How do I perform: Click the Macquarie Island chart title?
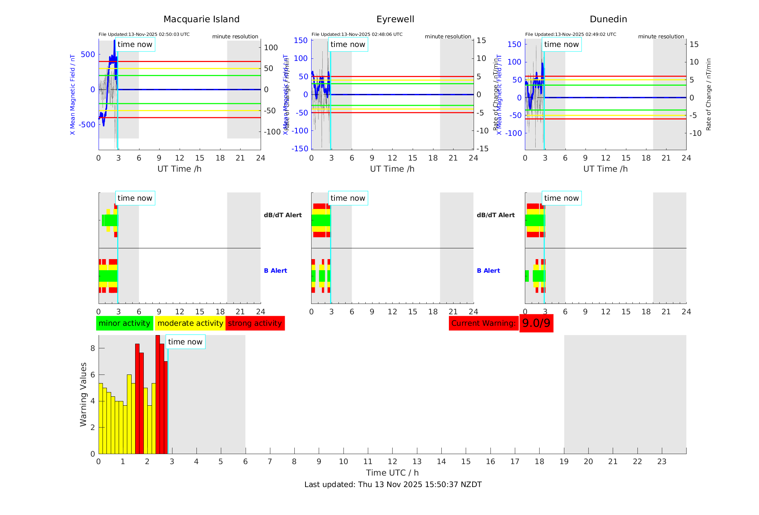pyautogui.click(x=201, y=19)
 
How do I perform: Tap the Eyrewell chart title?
pyautogui.click(x=395, y=19)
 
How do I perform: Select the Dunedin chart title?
pyautogui.click(x=608, y=19)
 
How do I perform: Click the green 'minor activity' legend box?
pyautogui.click(x=124, y=323)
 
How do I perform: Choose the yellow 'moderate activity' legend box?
pyautogui.click(x=190, y=323)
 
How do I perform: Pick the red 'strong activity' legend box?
pyautogui.click(x=255, y=323)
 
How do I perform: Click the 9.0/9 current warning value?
pyautogui.click(x=536, y=323)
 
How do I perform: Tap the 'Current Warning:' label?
pyautogui.click(x=483, y=323)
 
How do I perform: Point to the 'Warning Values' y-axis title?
pyautogui.click(x=84, y=394)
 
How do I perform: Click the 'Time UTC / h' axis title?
pyautogui.click(x=392, y=473)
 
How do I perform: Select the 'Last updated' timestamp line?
pyautogui.click(x=393, y=485)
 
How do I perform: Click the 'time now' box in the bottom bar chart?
pyautogui.click(x=185, y=342)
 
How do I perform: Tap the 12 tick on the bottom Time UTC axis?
pyautogui.click(x=392, y=462)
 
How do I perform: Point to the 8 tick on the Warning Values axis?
pyautogui.click(x=92, y=348)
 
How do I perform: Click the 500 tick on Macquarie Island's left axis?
pyautogui.click(x=88, y=54)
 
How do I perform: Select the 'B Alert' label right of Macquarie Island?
pyautogui.click(x=275, y=271)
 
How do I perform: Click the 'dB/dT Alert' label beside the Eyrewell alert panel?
pyautogui.click(x=495, y=215)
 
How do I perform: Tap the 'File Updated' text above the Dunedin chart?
pyautogui.click(x=570, y=34)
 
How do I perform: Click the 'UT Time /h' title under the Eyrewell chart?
pyautogui.click(x=392, y=169)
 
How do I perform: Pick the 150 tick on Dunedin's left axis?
pyautogui.click(x=514, y=44)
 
